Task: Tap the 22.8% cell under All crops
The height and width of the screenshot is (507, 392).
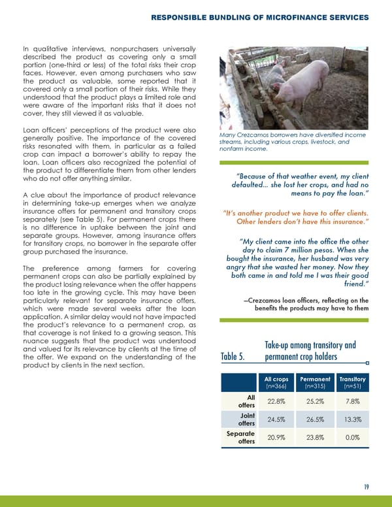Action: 276,402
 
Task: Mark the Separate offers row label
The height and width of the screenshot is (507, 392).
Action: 240,440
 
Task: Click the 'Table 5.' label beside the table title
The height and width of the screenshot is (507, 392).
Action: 233,357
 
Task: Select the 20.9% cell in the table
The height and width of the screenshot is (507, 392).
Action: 276,440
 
